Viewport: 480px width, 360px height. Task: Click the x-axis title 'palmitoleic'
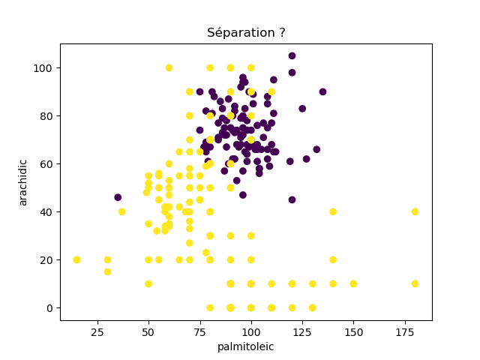(246, 346)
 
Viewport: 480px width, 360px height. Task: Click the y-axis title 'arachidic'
(23, 182)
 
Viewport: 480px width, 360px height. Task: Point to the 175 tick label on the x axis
(404, 331)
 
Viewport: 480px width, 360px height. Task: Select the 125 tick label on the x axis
(302, 331)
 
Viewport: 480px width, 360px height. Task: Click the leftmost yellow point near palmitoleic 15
(76, 259)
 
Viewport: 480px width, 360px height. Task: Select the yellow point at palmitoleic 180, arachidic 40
(415, 211)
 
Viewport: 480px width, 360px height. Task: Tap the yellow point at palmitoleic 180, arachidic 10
(415, 283)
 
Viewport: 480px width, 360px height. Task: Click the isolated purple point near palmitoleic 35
(118, 197)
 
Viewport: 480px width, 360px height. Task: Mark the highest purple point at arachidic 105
(292, 55)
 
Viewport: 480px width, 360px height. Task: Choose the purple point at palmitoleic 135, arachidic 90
(322, 91)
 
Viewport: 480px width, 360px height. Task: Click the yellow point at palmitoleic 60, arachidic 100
(169, 67)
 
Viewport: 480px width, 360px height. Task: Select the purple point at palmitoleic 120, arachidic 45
(292, 199)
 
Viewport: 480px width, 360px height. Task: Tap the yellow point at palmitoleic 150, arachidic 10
(353, 283)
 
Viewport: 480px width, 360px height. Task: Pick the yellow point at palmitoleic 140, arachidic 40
(333, 211)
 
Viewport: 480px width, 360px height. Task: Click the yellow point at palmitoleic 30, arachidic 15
(107, 271)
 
